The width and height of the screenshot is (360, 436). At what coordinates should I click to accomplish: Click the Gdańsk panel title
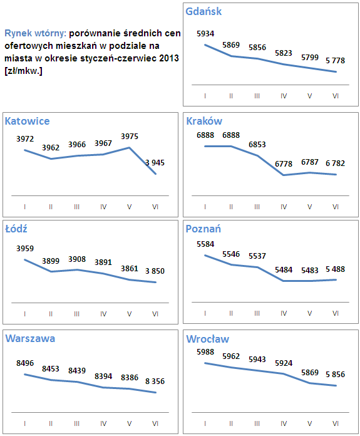click(204, 11)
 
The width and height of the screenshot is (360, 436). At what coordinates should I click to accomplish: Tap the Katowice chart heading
click(27, 121)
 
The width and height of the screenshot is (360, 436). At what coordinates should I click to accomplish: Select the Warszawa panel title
click(30, 338)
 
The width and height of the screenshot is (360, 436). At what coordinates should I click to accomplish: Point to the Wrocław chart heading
click(208, 339)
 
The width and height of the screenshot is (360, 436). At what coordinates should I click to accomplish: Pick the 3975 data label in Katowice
click(129, 136)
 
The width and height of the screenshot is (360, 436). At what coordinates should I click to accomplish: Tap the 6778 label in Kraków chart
click(284, 163)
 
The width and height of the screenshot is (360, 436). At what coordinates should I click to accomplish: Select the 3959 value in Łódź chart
click(24, 248)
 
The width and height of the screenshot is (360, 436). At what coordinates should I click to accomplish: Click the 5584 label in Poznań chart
click(205, 244)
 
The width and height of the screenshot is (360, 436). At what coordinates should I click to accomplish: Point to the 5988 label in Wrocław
click(205, 351)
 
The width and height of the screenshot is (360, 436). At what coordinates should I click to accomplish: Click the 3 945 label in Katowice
click(155, 163)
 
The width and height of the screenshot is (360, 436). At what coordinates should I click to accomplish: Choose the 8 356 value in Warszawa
click(155, 381)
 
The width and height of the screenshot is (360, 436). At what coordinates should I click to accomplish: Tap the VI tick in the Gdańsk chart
click(336, 95)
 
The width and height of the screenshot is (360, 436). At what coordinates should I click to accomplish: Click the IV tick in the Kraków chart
click(284, 207)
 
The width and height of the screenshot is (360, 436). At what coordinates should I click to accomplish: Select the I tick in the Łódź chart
click(24, 314)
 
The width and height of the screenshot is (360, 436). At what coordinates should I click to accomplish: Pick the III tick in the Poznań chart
click(257, 314)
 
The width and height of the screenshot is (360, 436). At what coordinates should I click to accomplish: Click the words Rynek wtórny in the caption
click(35, 33)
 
